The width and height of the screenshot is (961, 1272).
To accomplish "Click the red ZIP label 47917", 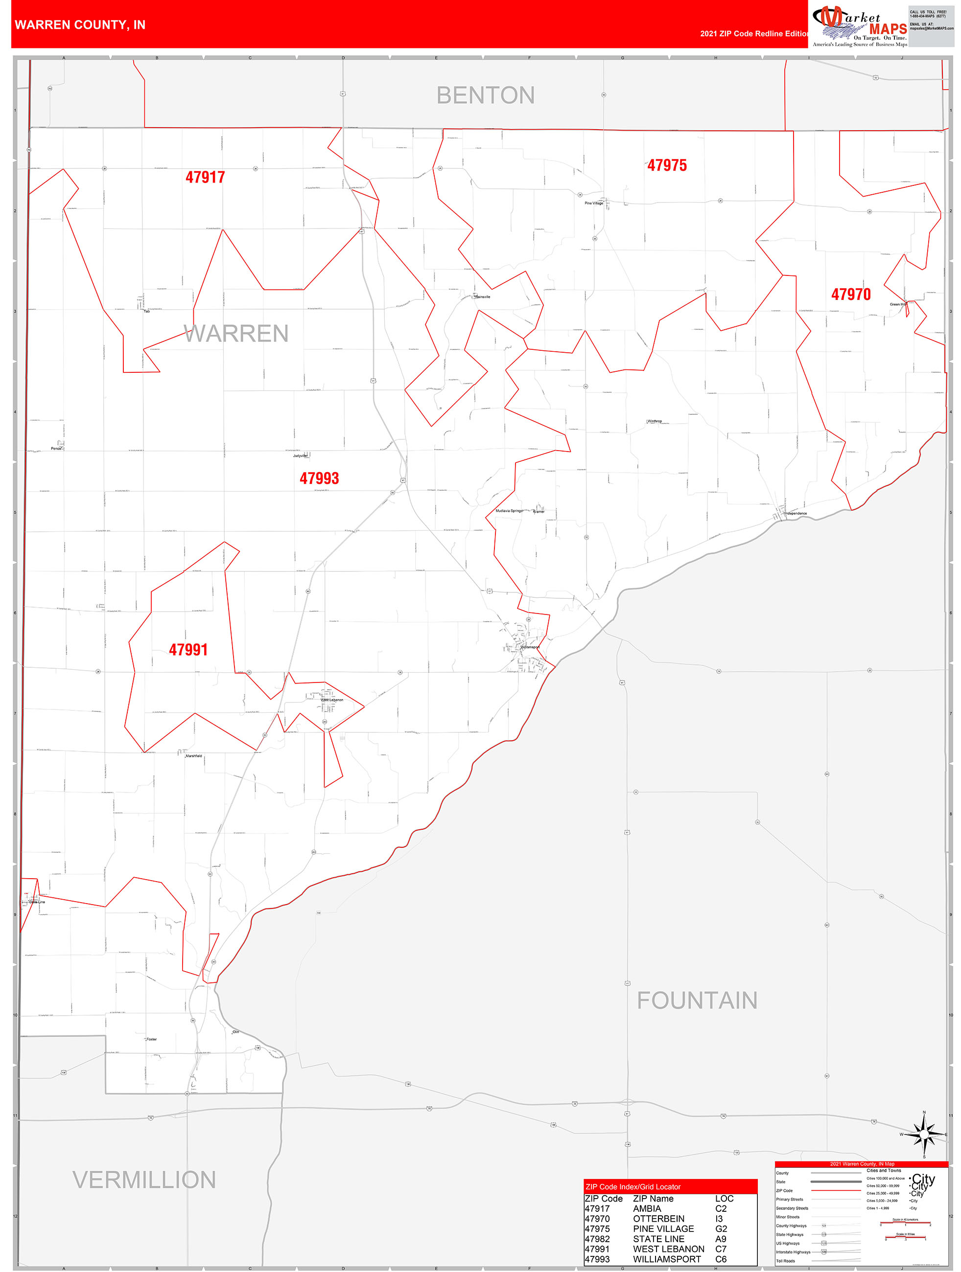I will pyautogui.click(x=205, y=177).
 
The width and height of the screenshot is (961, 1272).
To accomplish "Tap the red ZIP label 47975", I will pyautogui.click(x=666, y=166).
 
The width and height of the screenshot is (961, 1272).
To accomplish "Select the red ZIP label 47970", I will pyautogui.click(x=850, y=295).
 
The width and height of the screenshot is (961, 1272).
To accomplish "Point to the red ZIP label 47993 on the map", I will pyautogui.click(x=319, y=478).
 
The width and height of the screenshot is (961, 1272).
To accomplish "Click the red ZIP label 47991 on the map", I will pyautogui.click(x=188, y=650).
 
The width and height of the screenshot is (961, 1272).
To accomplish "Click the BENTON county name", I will pyautogui.click(x=485, y=95).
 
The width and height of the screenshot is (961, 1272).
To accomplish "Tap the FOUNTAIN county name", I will pyautogui.click(x=696, y=1000).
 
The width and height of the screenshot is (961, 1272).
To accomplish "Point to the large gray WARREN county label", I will pyautogui.click(x=236, y=334).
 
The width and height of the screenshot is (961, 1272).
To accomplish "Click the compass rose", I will pyautogui.click(x=924, y=1135).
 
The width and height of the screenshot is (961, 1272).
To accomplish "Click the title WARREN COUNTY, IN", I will pyautogui.click(x=80, y=25).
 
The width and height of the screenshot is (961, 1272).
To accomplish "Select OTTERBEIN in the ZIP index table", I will pyautogui.click(x=658, y=1219).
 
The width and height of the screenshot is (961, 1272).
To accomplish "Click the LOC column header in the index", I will pyautogui.click(x=724, y=1199).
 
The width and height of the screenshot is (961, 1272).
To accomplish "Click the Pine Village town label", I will pyautogui.click(x=593, y=203).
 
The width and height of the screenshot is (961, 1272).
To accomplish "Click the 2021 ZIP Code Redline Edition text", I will pyautogui.click(x=754, y=34).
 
